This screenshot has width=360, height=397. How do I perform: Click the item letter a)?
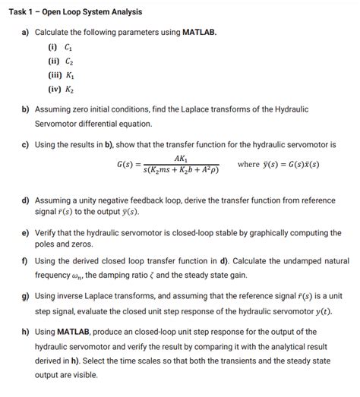(x=25, y=32)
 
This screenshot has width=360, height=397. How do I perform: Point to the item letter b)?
(x=25, y=109)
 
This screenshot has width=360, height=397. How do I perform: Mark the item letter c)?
(x=25, y=144)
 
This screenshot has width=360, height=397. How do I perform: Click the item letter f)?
(x=25, y=260)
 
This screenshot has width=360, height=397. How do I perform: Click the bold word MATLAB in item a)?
(x=200, y=32)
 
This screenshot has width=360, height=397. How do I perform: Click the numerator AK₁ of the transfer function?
(x=181, y=158)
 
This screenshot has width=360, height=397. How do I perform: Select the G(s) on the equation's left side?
(x=127, y=165)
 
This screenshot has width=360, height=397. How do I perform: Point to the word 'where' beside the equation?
(x=249, y=164)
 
